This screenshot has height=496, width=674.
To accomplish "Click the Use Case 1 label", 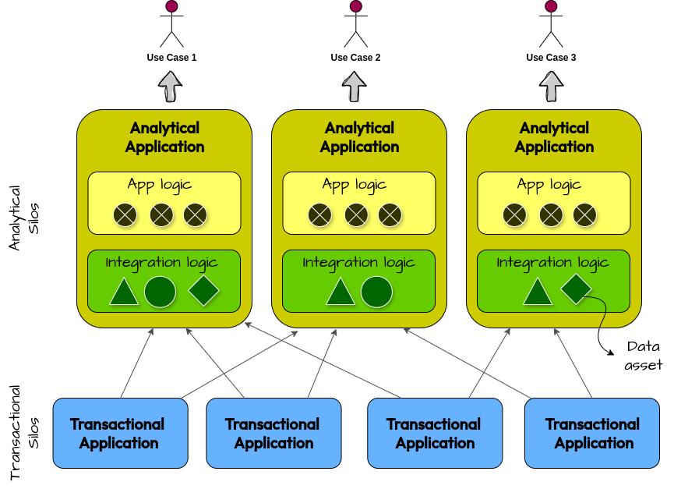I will tap(171, 57).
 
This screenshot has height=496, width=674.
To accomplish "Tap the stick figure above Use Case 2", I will tap(356, 23).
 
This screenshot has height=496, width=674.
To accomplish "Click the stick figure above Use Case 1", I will tap(171, 23).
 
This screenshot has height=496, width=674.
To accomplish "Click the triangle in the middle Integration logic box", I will tap(340, 292).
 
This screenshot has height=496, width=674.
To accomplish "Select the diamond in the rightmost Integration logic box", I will tap(577, 289).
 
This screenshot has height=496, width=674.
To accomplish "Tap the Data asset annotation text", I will tap(644, 356).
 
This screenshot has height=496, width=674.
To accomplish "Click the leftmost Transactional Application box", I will tap(118, 434).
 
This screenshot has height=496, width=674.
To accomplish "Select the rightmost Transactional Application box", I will tap(592, 434).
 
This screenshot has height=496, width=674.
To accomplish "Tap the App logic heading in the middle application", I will tap(355, 185).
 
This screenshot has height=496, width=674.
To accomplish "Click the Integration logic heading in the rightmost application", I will tap(552, 262).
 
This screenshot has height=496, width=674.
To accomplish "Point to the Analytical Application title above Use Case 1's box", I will tap(164, 137).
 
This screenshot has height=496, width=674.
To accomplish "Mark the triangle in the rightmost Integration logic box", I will tap(536, 292).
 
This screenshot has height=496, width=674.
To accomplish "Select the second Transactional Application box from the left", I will tap(273, 434).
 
